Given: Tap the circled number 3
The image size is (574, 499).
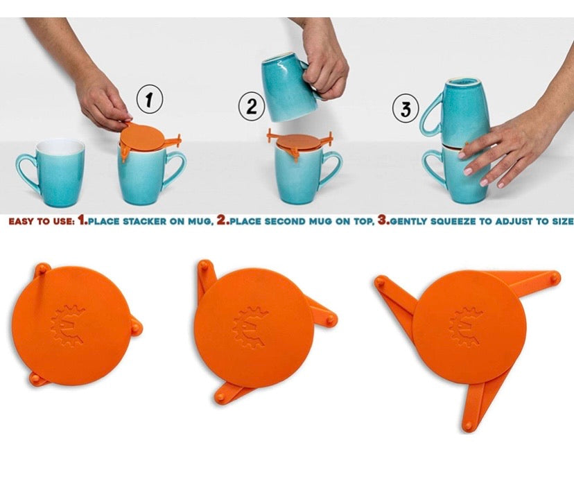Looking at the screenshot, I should (406, 109).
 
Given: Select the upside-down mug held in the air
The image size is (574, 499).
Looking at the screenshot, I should (288, 89).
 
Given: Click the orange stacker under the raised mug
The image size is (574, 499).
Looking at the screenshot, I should (299, 141).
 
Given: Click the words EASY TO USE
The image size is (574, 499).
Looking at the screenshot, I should (38, 222).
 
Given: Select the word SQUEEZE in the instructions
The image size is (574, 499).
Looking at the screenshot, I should (457, 222).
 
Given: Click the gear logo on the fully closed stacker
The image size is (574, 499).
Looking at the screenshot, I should (73, 324).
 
